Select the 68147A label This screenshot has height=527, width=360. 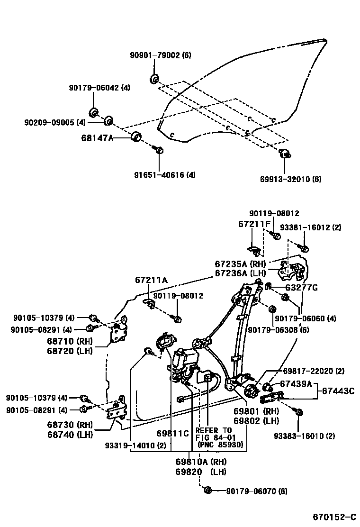click(x=98, y=138)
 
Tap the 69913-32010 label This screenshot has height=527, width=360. click(x=290, y=179)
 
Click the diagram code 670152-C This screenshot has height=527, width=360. click(x=333, y=516)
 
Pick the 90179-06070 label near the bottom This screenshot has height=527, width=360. click(x=256, y=491)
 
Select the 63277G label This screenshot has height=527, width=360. click(x=301, y=287)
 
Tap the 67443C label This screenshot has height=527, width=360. click(x=338, y=391)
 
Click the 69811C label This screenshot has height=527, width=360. click(x=172, y=433)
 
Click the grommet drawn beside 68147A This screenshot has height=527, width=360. click(x=136, y=137)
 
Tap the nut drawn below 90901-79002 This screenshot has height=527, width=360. click(x=154, y=79)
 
